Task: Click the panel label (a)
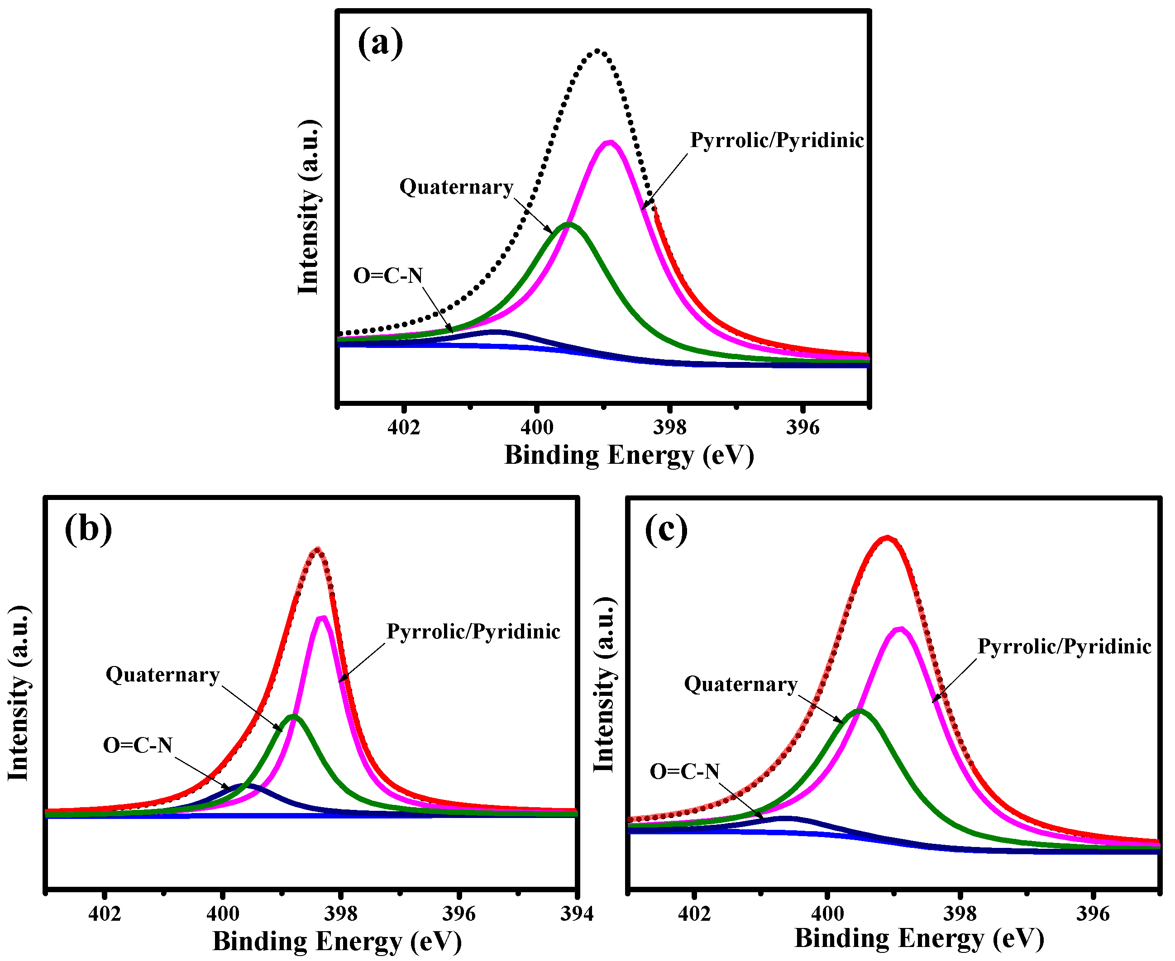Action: pyautogui.click(x=380, y=43)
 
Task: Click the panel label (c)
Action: pyautogui.click(x=666, y=530)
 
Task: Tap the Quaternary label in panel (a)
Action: pyautogui.click(x=456, y=187)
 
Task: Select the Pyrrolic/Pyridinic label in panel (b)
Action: pyautogui.click(x=473, y=632)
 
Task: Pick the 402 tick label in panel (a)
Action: pyautogui.click(x=404, y=428)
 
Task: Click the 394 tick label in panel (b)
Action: pyautogui.click(x=577, y=913)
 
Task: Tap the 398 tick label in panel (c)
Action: pyautogui.click(x=960, y=913)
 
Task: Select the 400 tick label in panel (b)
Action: pyautogui.click(x=223, y=913)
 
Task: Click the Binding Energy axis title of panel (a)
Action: pyautogui.click(x=629, y=456)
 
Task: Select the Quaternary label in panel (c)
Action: pyautogui.click(x=741, y=684)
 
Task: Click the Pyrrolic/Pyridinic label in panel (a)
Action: pyautogui.click(x=777, y=141)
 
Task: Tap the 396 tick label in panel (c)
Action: pyautogui.click(x=1093, y=913)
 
